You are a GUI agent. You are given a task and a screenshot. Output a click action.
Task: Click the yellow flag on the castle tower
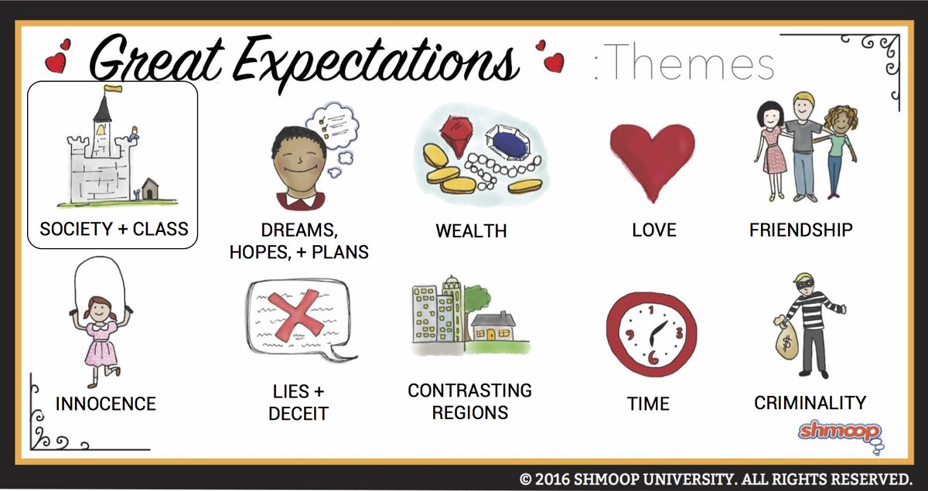pos(113,88)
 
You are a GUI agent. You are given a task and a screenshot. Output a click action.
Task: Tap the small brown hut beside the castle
pos(150,189)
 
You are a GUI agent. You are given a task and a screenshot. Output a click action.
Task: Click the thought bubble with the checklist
pos(333,125)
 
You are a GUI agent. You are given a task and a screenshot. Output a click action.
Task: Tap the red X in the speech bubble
pos(295,315)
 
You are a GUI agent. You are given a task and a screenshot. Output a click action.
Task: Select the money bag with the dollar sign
pos(786,340)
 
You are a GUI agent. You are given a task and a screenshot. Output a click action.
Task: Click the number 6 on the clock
pos(653,357)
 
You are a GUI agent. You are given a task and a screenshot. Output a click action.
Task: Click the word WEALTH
pos(471,230)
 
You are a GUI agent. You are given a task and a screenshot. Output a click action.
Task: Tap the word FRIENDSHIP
pos(801,230)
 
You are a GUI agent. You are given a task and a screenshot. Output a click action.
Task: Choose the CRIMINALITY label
pos(810,402)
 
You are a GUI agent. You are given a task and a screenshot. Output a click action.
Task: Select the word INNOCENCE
pos(106,404)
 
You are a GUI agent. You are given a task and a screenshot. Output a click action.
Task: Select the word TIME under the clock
pos(648,404)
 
